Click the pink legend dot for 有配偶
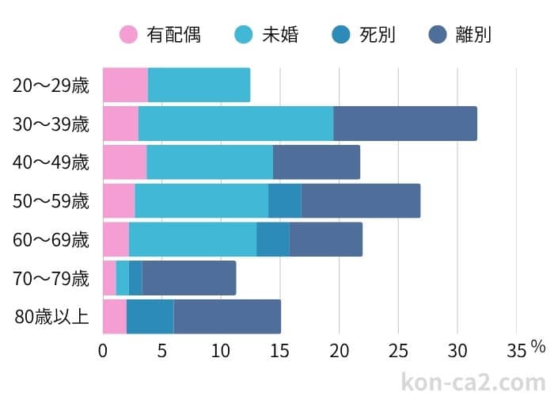tap(129, 34)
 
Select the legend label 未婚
tap(279, 34)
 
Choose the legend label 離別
tap(473, 34)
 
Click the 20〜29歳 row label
tap(51, 86)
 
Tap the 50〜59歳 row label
tap(51, 201)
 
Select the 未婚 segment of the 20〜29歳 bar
tap(199, 86)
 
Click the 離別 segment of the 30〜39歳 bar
tap(404, 124)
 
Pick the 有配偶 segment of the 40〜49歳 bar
tap(124, 162)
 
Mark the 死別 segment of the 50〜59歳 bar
tap(284, 201)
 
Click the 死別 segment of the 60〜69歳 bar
tap(272, 240)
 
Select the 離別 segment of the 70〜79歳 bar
tap(188, 278)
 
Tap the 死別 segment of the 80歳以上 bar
tap(150, 317)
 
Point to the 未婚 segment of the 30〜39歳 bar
tap(235, 124)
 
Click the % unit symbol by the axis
tap(538, 346)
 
